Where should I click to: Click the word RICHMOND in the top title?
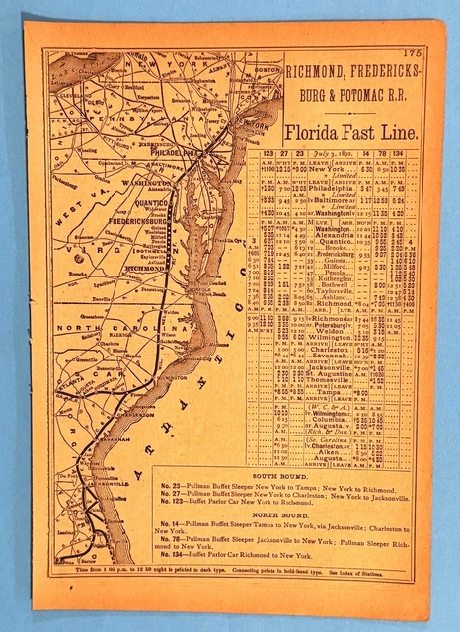(317, 70)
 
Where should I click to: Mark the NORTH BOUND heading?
(282, 515)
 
